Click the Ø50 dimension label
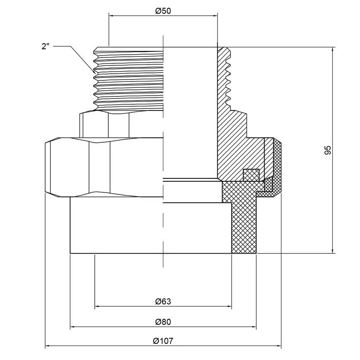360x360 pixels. [x=163, y=11]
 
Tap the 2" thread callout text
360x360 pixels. [x=46, y=47]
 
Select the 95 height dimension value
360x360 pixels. [x=328, y=150]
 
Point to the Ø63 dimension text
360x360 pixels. [x=163, y=301]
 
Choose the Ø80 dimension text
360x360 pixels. [x=163, y=322]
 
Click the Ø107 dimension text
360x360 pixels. [x=163, y=341]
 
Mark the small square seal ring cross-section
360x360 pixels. [x=251, y=175]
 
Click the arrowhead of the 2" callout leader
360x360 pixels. [x=94, y=72]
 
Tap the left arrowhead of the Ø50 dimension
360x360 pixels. [x=111, y=16]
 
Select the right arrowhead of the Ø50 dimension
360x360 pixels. [x=215, y=16]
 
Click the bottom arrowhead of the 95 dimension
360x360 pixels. [x=332, y=251]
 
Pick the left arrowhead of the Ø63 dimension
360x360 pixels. [x=97, y=306]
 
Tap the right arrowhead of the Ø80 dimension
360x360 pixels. [x=254, y=326]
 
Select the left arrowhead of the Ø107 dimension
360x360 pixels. [x=48, y=346]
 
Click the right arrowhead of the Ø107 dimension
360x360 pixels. [x=278, y=346]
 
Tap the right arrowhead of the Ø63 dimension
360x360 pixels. [x=229, y=306]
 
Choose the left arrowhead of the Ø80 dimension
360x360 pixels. [x=73, y=326]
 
